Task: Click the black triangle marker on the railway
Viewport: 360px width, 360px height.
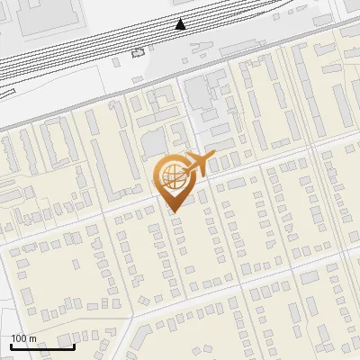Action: coord(181,24)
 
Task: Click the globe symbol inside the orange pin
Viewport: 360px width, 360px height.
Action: coord(171,176)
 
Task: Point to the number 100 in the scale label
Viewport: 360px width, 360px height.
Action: coord(20,338)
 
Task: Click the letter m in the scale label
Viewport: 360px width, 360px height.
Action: coord(32,338)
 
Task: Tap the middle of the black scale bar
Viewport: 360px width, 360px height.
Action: coord(42,346)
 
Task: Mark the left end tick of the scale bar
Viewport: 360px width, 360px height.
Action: coord(12,346)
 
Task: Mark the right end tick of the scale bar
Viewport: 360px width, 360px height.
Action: coord(73,346)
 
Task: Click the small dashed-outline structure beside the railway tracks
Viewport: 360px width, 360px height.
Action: coord(138,52)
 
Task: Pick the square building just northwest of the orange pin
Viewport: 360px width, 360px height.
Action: coord(154,142)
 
